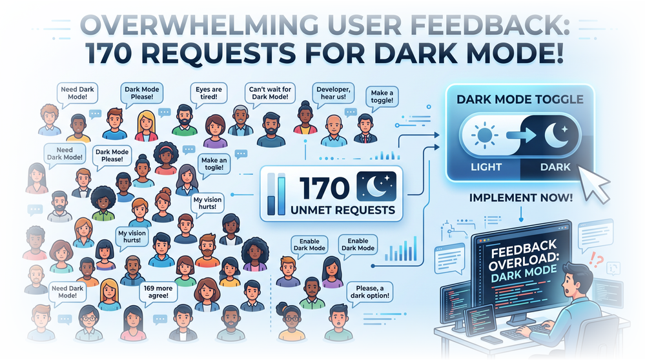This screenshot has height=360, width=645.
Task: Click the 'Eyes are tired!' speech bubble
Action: (209, 94)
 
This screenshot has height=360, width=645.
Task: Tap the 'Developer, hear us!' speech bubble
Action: (333, 93)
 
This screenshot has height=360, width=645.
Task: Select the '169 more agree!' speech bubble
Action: (158, 292)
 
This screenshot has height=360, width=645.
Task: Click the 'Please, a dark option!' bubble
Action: (369, 292)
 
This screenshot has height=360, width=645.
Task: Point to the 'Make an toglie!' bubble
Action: (214, 164)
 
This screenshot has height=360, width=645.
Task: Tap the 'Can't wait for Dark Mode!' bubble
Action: (270, 93)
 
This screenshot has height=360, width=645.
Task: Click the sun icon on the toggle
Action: (485, 135)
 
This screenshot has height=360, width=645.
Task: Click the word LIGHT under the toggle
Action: (486, 167)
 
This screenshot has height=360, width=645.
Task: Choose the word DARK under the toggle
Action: (555, 167)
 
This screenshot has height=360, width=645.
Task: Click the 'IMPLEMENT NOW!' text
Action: (521, 197)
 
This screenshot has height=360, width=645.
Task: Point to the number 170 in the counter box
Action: (324, 188)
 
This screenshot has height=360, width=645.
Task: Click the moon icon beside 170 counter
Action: (377, 186)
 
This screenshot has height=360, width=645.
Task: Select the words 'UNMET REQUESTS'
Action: (343, 210)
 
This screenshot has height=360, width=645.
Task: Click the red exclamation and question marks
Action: (596, 260)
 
